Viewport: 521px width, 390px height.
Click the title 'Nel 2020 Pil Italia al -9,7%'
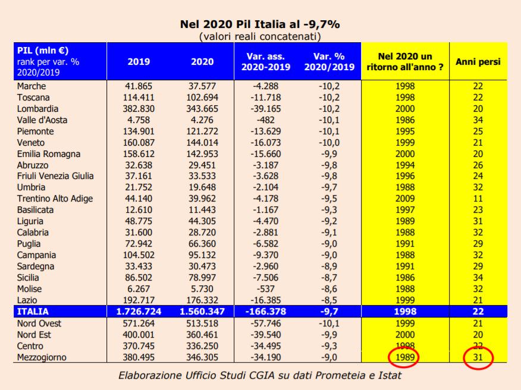[x=260, y=25]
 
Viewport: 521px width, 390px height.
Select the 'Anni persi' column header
[x=478, y=61]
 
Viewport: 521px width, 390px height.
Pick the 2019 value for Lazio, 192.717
[x=138, y=300]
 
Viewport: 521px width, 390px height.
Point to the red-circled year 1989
[x=404, y=357]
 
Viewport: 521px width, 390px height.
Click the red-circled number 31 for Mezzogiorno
[x=478, y=357]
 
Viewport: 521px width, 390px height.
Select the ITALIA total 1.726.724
[x=138, y=312]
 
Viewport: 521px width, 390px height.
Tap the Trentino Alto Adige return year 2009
[x=404, y=199]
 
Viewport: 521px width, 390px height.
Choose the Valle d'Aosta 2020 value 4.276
[x=202, y=120]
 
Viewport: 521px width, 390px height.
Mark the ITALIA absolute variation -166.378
[x=266, y=312]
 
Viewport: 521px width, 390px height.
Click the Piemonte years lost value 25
[x=478, y=131]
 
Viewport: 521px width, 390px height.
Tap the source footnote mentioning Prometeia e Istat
[x=260, y=376]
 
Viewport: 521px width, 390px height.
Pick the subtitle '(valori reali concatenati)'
[x=260, y=36]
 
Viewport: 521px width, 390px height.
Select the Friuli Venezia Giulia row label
[x=55, y=176]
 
